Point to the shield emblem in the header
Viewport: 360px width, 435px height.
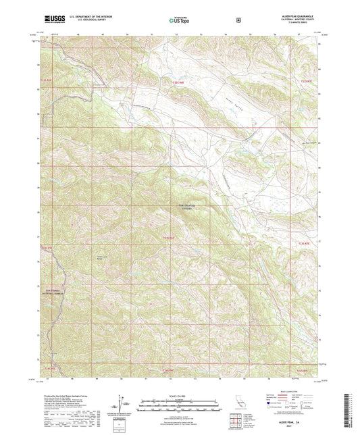click(x=238, y=20)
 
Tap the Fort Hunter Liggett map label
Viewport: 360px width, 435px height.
click(x=186, y=208)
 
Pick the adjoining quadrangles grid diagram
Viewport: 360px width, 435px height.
click(x=235, y=423)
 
